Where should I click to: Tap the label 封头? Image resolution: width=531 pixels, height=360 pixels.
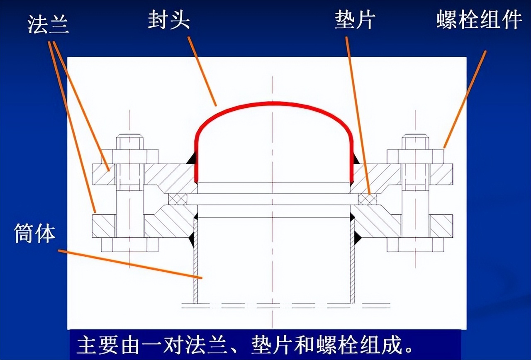(x=169, y=20)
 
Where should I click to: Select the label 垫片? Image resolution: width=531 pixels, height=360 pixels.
(x=355, y=20)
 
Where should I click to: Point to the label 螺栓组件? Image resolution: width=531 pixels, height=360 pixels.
(x=479, y=21)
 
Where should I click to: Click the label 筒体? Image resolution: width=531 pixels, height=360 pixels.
(x=34, y=234)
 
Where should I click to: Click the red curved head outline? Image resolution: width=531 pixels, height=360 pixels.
(x=273, y=102)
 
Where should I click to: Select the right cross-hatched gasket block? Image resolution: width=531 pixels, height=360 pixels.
(x=368, y=199)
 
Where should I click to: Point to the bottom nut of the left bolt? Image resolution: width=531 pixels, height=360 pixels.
(x=130, y=245)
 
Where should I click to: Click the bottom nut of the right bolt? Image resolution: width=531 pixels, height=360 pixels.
(x=415, y=245)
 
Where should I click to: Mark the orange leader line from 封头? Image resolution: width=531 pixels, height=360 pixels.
(x=202, y=71)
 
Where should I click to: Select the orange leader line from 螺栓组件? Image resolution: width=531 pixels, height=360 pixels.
(x=465, y=99)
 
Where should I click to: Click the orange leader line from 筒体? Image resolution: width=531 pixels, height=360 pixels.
(x=130, y=264)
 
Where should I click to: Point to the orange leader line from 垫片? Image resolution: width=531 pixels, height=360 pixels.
(x=358, y=116)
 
